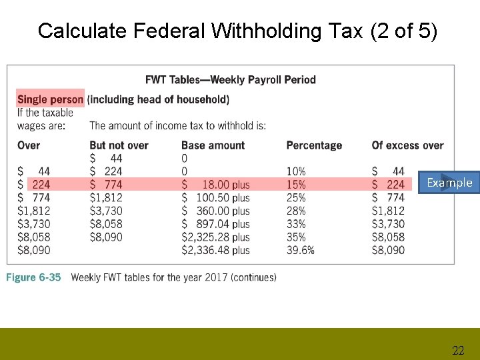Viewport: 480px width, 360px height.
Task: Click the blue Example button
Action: pyautogui.click(x=449, y=183)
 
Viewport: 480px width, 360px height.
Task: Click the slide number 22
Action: pyautogui.click(x=458, y=351)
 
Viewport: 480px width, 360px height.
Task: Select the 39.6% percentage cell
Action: pyautogui.click(x=300, y=250)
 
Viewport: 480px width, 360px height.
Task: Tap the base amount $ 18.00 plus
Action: pyautogui.click(x=215, y=184)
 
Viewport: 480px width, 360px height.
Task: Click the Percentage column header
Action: pyautogui.click(x=314, y=145)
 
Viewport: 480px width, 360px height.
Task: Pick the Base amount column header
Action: pyautogui.click(x=213, y=145)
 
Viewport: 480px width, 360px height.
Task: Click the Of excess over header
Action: pyautogui.click(x=407, y=145)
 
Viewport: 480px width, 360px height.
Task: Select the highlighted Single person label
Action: pyautogui.click(x=51, y=99)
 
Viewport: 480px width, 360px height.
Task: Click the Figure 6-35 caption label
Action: pyautogui.click(x=33, y=277)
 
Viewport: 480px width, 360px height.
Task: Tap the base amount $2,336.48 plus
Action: pyautogui.click(x=215, y=250)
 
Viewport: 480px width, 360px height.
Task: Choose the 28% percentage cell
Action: pyautogui.click(x=296, y=211)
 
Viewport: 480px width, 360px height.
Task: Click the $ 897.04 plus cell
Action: pyautogui.click(x=215, y=224)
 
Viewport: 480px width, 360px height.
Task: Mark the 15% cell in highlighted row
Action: pyautogui.click(x=296, y=184)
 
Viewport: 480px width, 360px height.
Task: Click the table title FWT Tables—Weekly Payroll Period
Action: pyautogui.click(x=231, y=80)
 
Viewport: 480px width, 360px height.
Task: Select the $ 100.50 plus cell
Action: pyautogui.click(x=215, y=197)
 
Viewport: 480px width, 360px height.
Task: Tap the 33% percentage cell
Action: pyautogui.click(x=296, y=224)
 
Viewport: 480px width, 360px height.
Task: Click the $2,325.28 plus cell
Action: pyautogui.click(x=215, y=237)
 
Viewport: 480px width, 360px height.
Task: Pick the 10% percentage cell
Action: pyautogui.click(x=296, y=171)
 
